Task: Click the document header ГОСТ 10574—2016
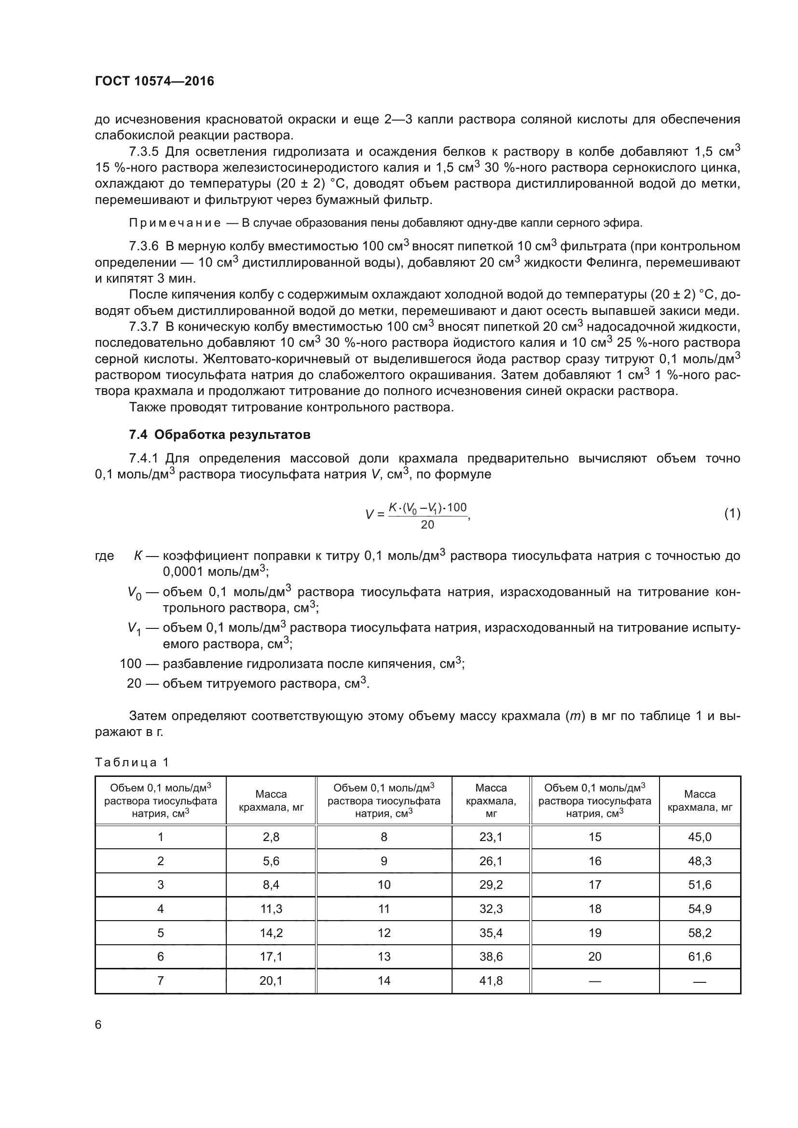(x=154, y=81)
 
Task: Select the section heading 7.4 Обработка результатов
(x=220, y=435)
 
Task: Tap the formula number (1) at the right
(x=732, y=514)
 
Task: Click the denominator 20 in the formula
(x=427, y=525)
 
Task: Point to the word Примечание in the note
(x=175, y=223)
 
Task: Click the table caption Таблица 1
(x=132, y=762)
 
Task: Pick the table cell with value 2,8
(x=271, y=837)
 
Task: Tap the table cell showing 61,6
(x=700, y=956)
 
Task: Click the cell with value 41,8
(x=491, y=980)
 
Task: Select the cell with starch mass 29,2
(x=491, y=884)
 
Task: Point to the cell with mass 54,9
(x=700, y=909)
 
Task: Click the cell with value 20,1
(x=271, y=980)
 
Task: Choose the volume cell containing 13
(x=384, y=956)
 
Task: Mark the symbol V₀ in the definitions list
(x=134, y=593)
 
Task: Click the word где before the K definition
(x=104, y=556)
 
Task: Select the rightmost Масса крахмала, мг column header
(x=700, y=801)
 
